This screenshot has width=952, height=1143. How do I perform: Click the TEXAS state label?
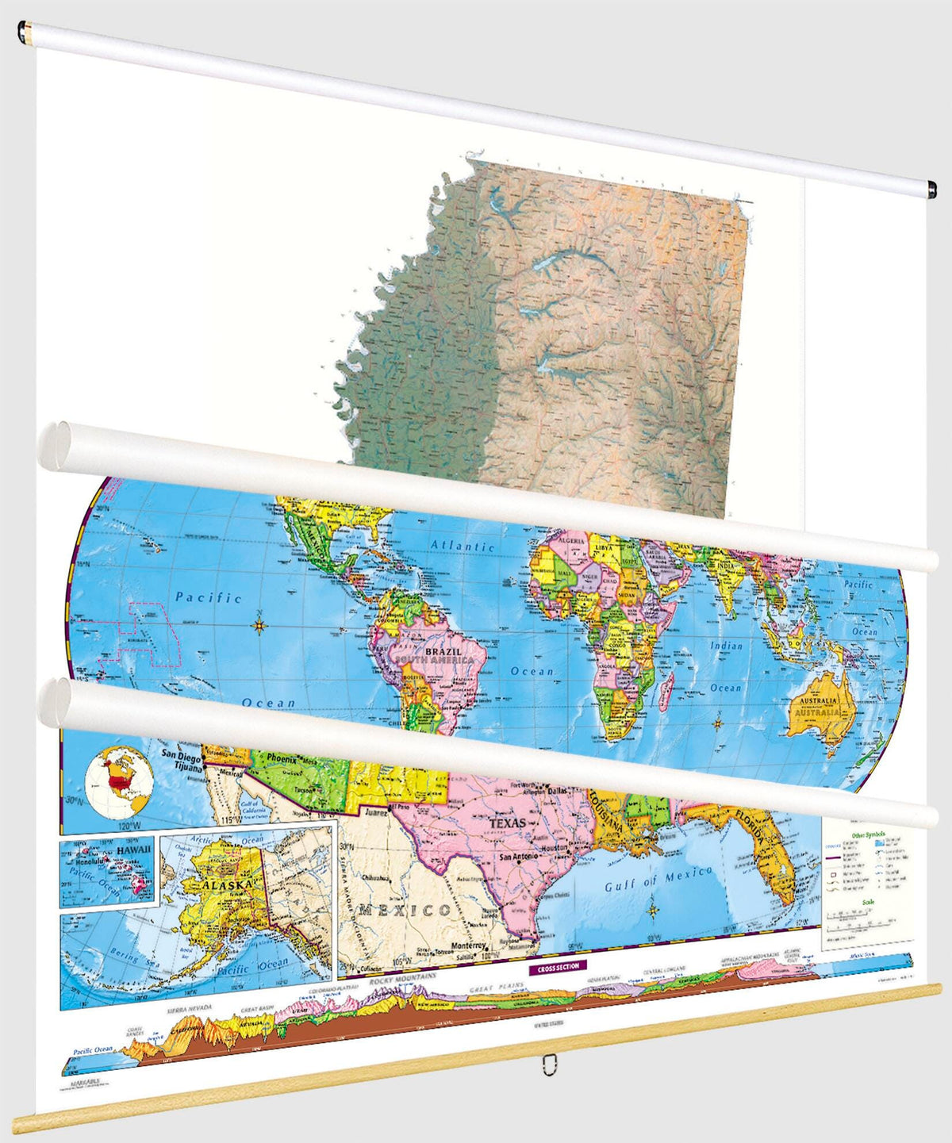507,823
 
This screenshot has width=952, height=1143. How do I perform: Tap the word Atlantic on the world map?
463,546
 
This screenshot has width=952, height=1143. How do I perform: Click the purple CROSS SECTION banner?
559,966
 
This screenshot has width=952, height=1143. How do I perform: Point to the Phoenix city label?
281,759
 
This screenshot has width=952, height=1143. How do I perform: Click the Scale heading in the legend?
868,902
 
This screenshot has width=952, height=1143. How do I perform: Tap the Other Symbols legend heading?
869,835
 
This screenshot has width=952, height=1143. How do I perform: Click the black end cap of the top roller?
931,189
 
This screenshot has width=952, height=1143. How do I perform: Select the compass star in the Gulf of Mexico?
653,909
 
